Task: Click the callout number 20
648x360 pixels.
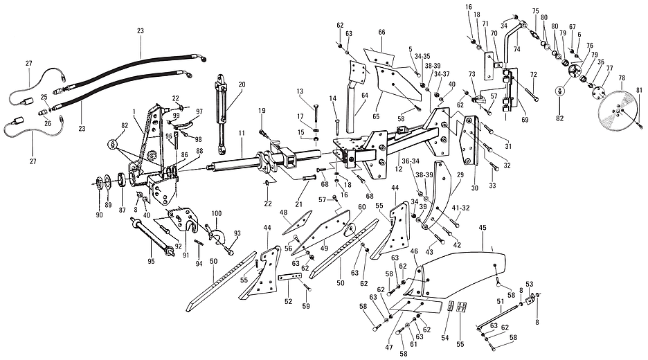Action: (x=242, y=84)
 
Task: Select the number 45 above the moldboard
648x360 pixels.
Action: (x=483, y=228)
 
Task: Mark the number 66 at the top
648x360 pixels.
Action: (x=381, y=33)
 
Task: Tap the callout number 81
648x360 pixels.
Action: (x=639, y=89)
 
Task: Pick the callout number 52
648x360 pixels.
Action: (x=289, y=301)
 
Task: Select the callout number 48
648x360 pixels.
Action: (x=283, y=213)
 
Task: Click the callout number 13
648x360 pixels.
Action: (x=300, y=91)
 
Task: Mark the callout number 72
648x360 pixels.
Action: (x=533, y=74)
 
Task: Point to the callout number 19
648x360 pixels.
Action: (x=262, y=110)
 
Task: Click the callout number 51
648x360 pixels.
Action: (x=501, y=301)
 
